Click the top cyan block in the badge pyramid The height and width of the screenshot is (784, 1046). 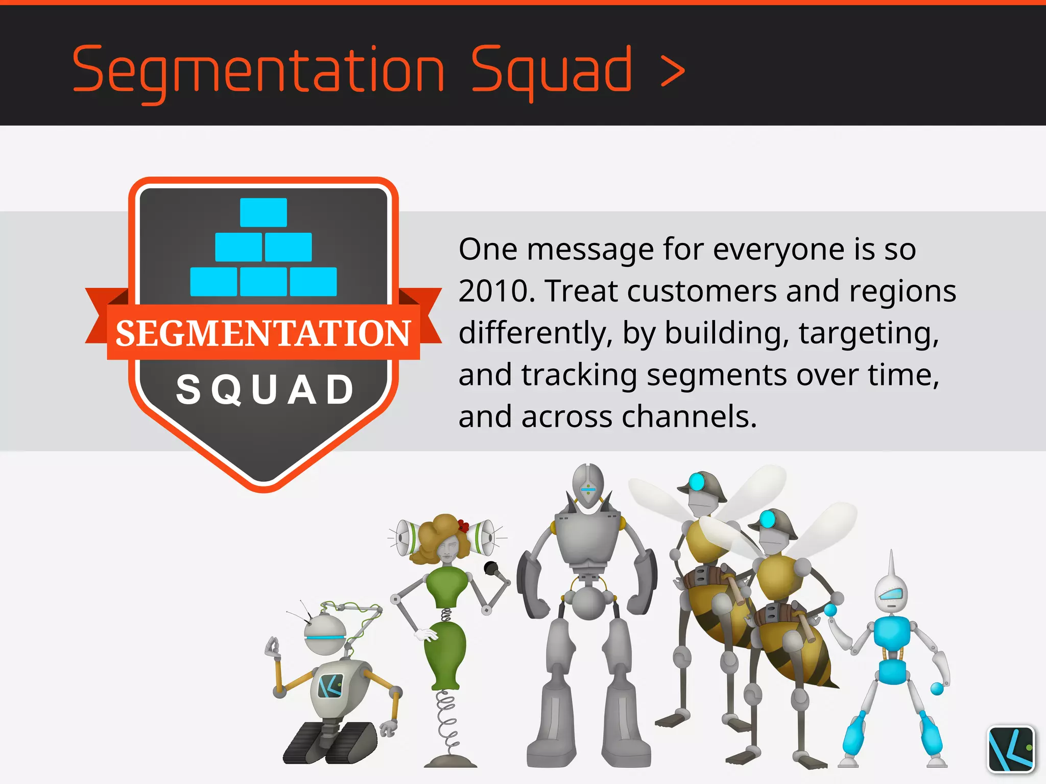click(264, 212)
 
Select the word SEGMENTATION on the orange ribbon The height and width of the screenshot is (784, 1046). click(263, 333)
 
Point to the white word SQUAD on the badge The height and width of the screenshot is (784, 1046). click(265, 389)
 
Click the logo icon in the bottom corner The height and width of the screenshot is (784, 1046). click(1011, 749)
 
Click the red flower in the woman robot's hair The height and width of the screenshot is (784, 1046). click(464, 525)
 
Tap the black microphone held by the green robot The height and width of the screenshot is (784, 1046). click(491, 568)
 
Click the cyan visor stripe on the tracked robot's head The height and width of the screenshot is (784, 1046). click(325, 639)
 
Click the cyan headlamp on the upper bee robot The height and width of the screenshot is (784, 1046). click(697, 481)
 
